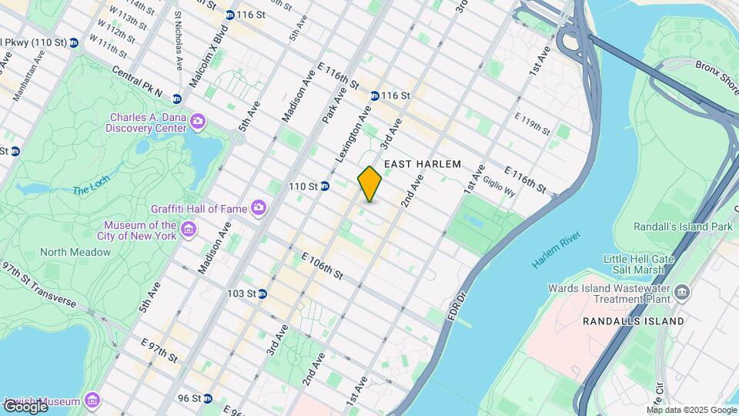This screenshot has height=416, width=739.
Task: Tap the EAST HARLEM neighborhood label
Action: [422, 164]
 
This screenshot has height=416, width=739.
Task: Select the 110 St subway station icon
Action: [325, 186]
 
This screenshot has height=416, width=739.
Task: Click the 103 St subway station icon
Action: [262, 294]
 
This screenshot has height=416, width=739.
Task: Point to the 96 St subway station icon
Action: [207, 398]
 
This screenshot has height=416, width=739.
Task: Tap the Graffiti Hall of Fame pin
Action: [259, 207]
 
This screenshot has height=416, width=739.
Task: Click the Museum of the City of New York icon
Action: [188, 229]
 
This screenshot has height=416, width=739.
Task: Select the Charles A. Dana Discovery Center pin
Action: [198, 120]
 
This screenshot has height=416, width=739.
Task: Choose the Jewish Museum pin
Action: [92, 401]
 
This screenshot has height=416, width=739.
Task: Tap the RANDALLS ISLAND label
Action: [633, 320]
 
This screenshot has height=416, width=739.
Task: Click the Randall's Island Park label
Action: [682, 227]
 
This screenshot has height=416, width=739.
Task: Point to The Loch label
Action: [92, 190]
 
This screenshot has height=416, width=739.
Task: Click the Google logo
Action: [25, 406]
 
